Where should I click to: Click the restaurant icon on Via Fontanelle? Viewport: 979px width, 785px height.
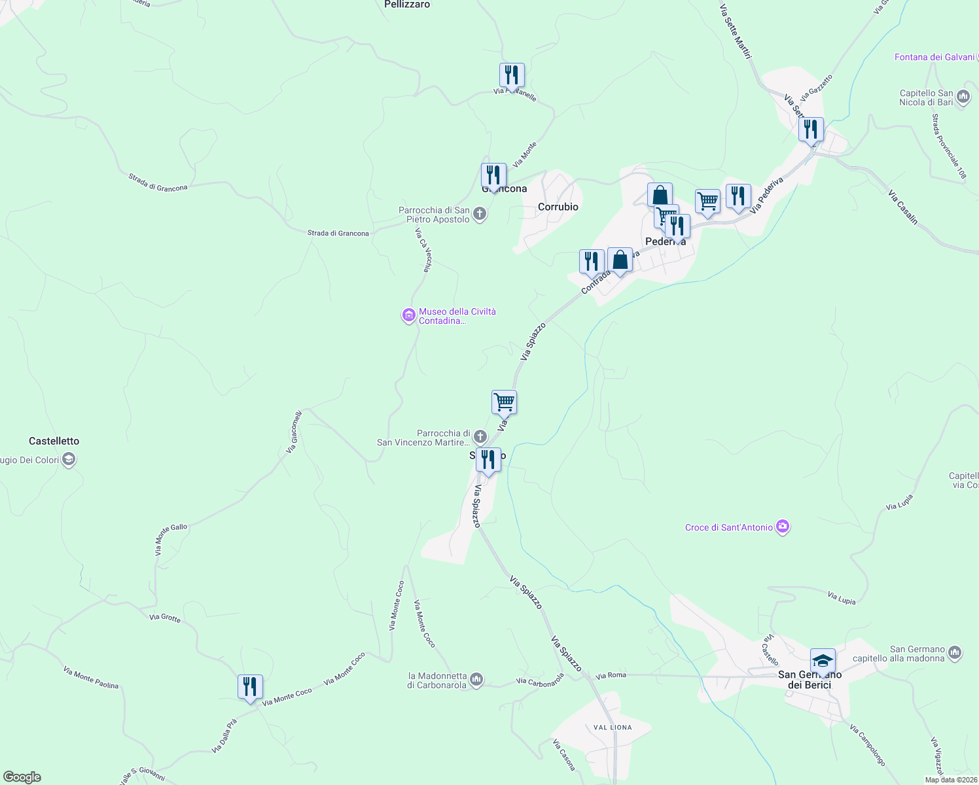tap(512, 76)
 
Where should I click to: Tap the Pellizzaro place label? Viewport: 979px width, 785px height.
tap(407, 5)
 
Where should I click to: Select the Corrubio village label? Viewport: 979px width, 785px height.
tap(558, 207)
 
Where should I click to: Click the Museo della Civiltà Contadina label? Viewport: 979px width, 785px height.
tap(457, 316)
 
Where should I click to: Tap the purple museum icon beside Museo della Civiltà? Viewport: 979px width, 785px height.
tap(409, 317)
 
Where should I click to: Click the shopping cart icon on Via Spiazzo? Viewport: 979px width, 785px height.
tap(504, 402)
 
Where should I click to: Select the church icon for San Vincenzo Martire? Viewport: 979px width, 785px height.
tap(480, 437)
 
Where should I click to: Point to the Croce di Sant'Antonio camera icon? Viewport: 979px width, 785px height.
tap(783, 527)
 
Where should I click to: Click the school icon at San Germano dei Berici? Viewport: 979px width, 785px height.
tap(823, 661)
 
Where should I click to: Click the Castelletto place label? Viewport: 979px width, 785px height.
tap(54, 441)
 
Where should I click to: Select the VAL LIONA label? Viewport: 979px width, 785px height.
tap(613, 727)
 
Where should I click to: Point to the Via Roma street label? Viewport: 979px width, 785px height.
tap(611, 675)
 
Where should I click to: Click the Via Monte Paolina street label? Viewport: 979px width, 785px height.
tap(91, 678)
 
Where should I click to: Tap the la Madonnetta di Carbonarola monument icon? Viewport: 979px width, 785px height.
tap(477, 680)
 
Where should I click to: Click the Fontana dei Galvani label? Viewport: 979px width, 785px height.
tap(934, 57)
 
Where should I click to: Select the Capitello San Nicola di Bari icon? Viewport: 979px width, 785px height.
tap(963, 97)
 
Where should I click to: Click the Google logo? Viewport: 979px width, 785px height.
tap(22, 777)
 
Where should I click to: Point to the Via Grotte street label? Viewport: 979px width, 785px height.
tap(165, 618)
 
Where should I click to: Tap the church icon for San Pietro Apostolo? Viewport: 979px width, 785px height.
tap(480, 214)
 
